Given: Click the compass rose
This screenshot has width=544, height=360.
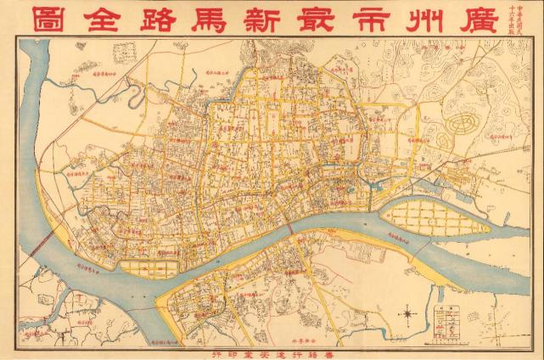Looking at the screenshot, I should (407, 315).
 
